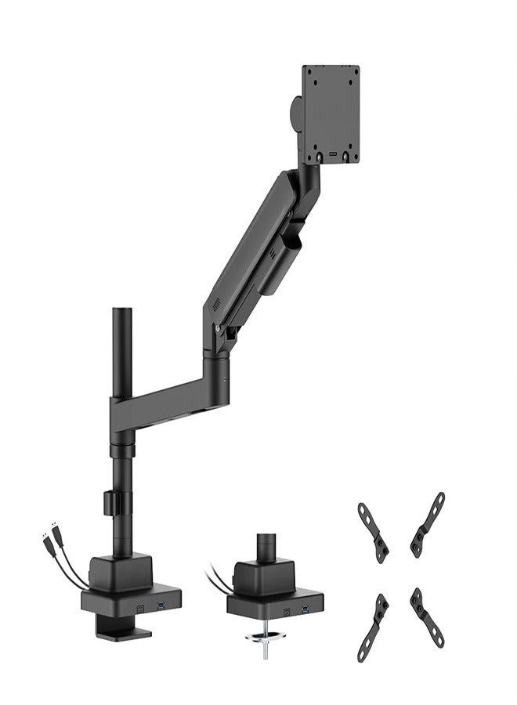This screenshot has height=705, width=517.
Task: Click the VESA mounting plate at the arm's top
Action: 331,113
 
